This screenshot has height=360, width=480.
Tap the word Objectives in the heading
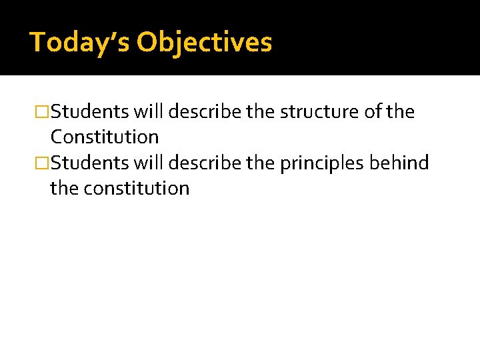(x=204, y=42)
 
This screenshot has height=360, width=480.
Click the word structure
(x=318, y=112)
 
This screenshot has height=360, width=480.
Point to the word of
(x=372, y=112)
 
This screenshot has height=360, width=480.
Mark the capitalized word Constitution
(x=105, y=137)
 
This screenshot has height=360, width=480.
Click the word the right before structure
(x=261, y=112)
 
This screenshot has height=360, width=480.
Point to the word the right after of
(x=401, y=112)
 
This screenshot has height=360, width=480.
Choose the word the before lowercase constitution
(x=64, y=189)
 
